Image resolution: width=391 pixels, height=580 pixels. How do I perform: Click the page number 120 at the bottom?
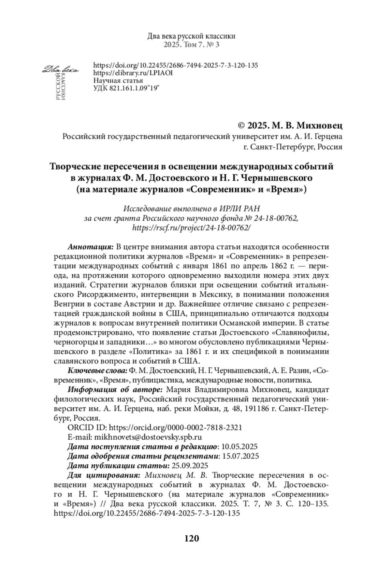coord(192,538)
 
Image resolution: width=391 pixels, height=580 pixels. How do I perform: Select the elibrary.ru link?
coord(133,73)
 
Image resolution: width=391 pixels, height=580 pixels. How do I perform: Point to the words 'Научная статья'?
coord(118,80)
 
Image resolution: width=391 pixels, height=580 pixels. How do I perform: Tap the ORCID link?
coord(175,428)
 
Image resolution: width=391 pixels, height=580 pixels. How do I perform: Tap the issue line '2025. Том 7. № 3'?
coord(192,45)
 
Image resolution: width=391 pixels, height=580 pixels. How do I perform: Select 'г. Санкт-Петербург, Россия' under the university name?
coord(293,147)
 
